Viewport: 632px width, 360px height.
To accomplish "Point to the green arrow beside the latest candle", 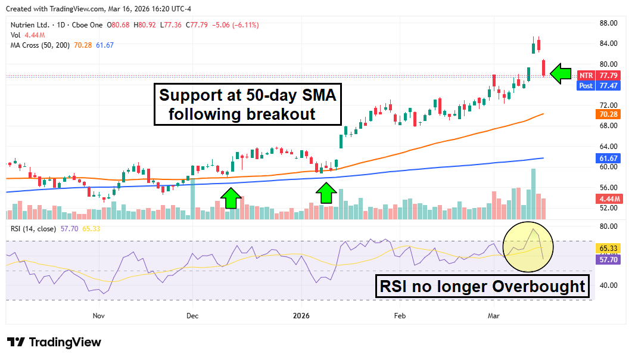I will click(560, 74).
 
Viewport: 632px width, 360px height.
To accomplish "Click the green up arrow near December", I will click(231, 198).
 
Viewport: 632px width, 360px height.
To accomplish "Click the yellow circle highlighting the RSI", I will click(528, 245).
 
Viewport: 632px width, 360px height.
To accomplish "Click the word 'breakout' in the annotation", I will click(278, 114).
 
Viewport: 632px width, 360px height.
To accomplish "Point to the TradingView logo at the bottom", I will click(54, 342).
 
